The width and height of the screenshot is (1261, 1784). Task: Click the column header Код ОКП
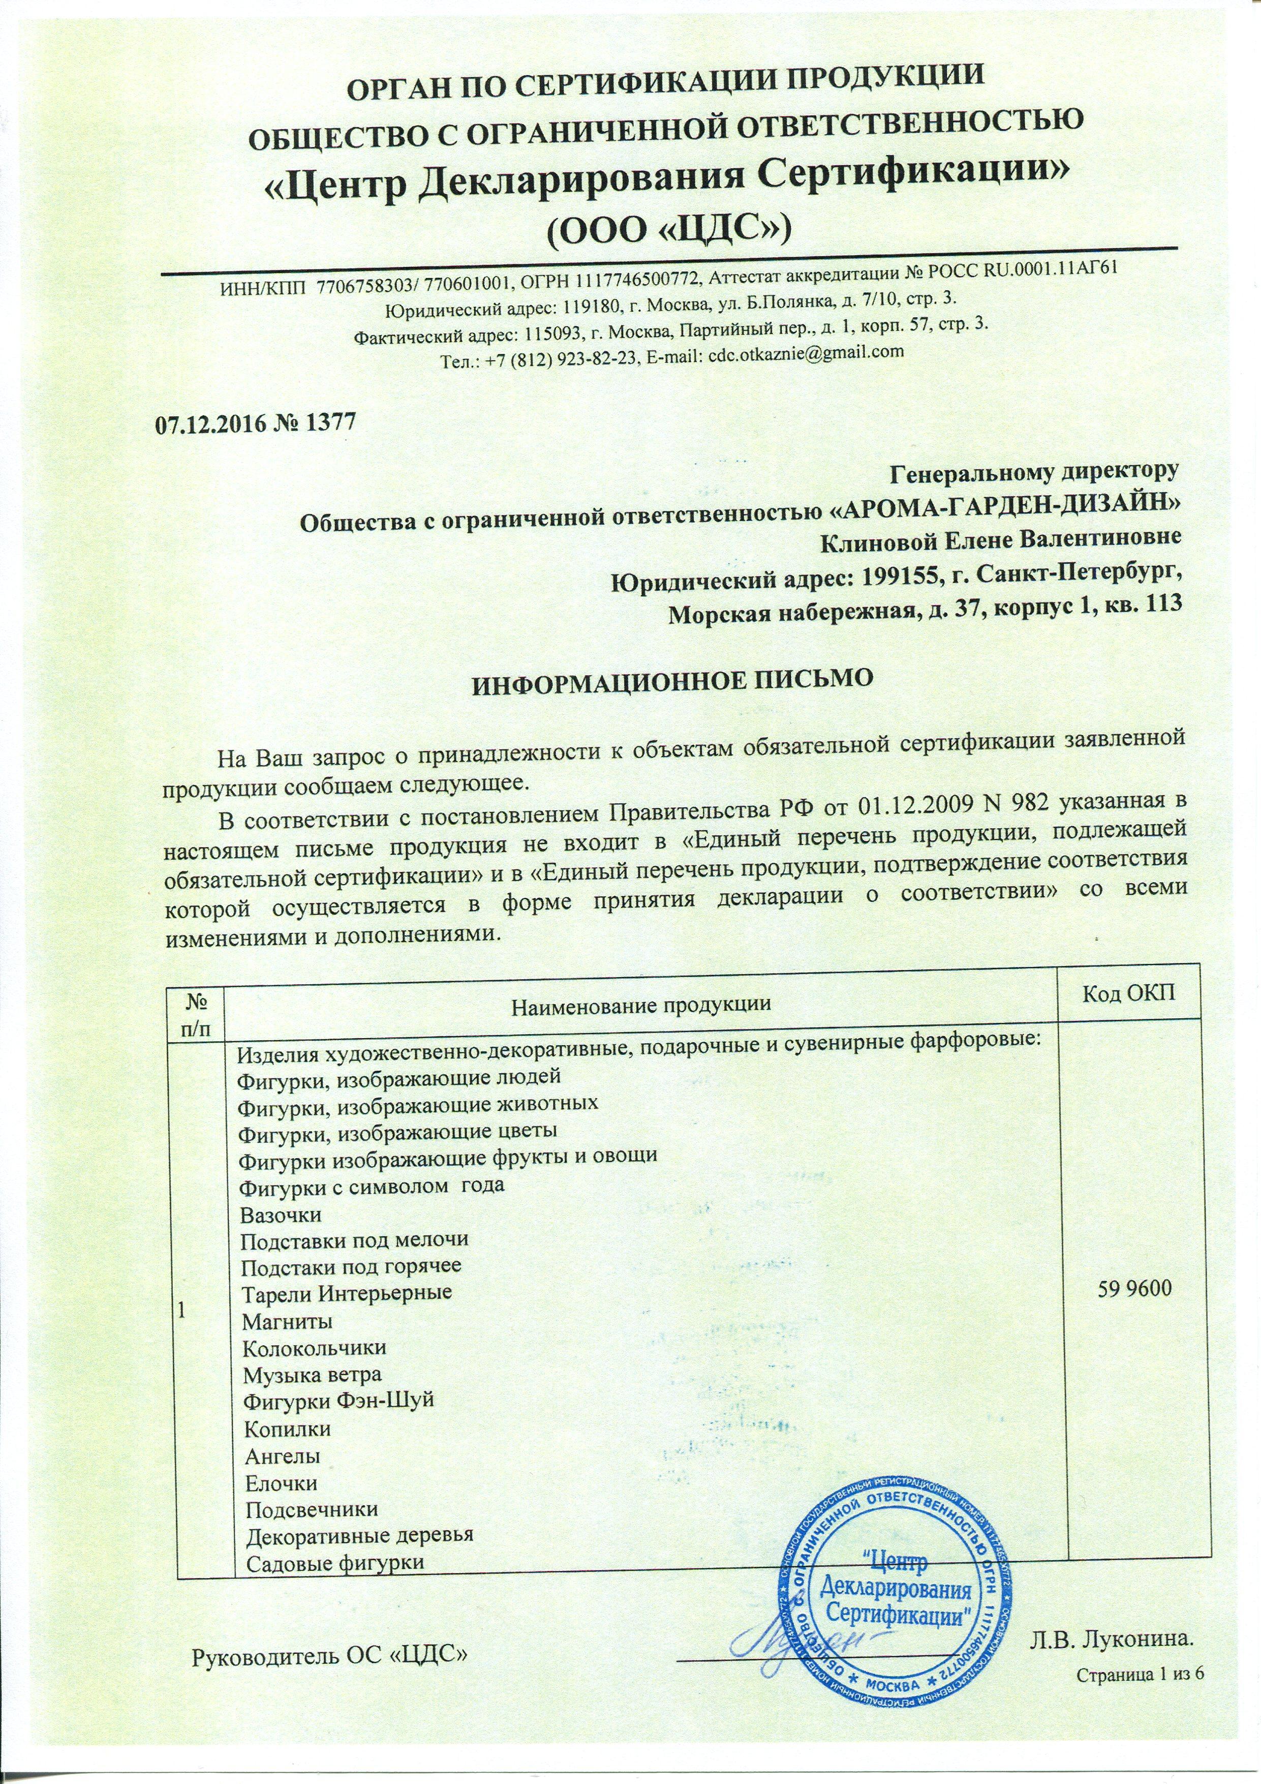coord(1125,996)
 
